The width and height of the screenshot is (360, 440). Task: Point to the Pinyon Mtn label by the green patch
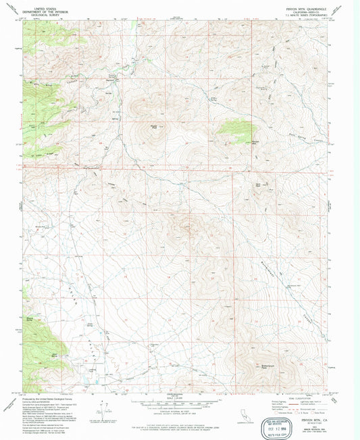(255, 141)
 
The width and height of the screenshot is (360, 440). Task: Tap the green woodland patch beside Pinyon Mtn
(240, 128)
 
